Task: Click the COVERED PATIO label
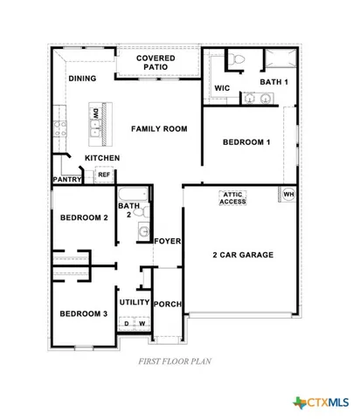tap(156, 63)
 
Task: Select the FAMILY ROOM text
tap(159, 129)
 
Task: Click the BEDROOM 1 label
tap(246, 141)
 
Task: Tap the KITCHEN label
tap(102, 158)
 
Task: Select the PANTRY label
tap(67, 180)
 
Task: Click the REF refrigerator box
tap(103, 175)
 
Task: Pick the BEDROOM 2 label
tap(83, 218)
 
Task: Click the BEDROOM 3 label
tap(83, 313)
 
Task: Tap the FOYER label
tap(167, 240)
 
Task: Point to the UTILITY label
tap(135, 301)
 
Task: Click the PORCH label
tap(167, 305)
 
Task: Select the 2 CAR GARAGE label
tap(243, 255)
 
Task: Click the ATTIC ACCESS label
tap(232, 197)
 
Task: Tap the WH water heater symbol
tap(287, 194)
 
